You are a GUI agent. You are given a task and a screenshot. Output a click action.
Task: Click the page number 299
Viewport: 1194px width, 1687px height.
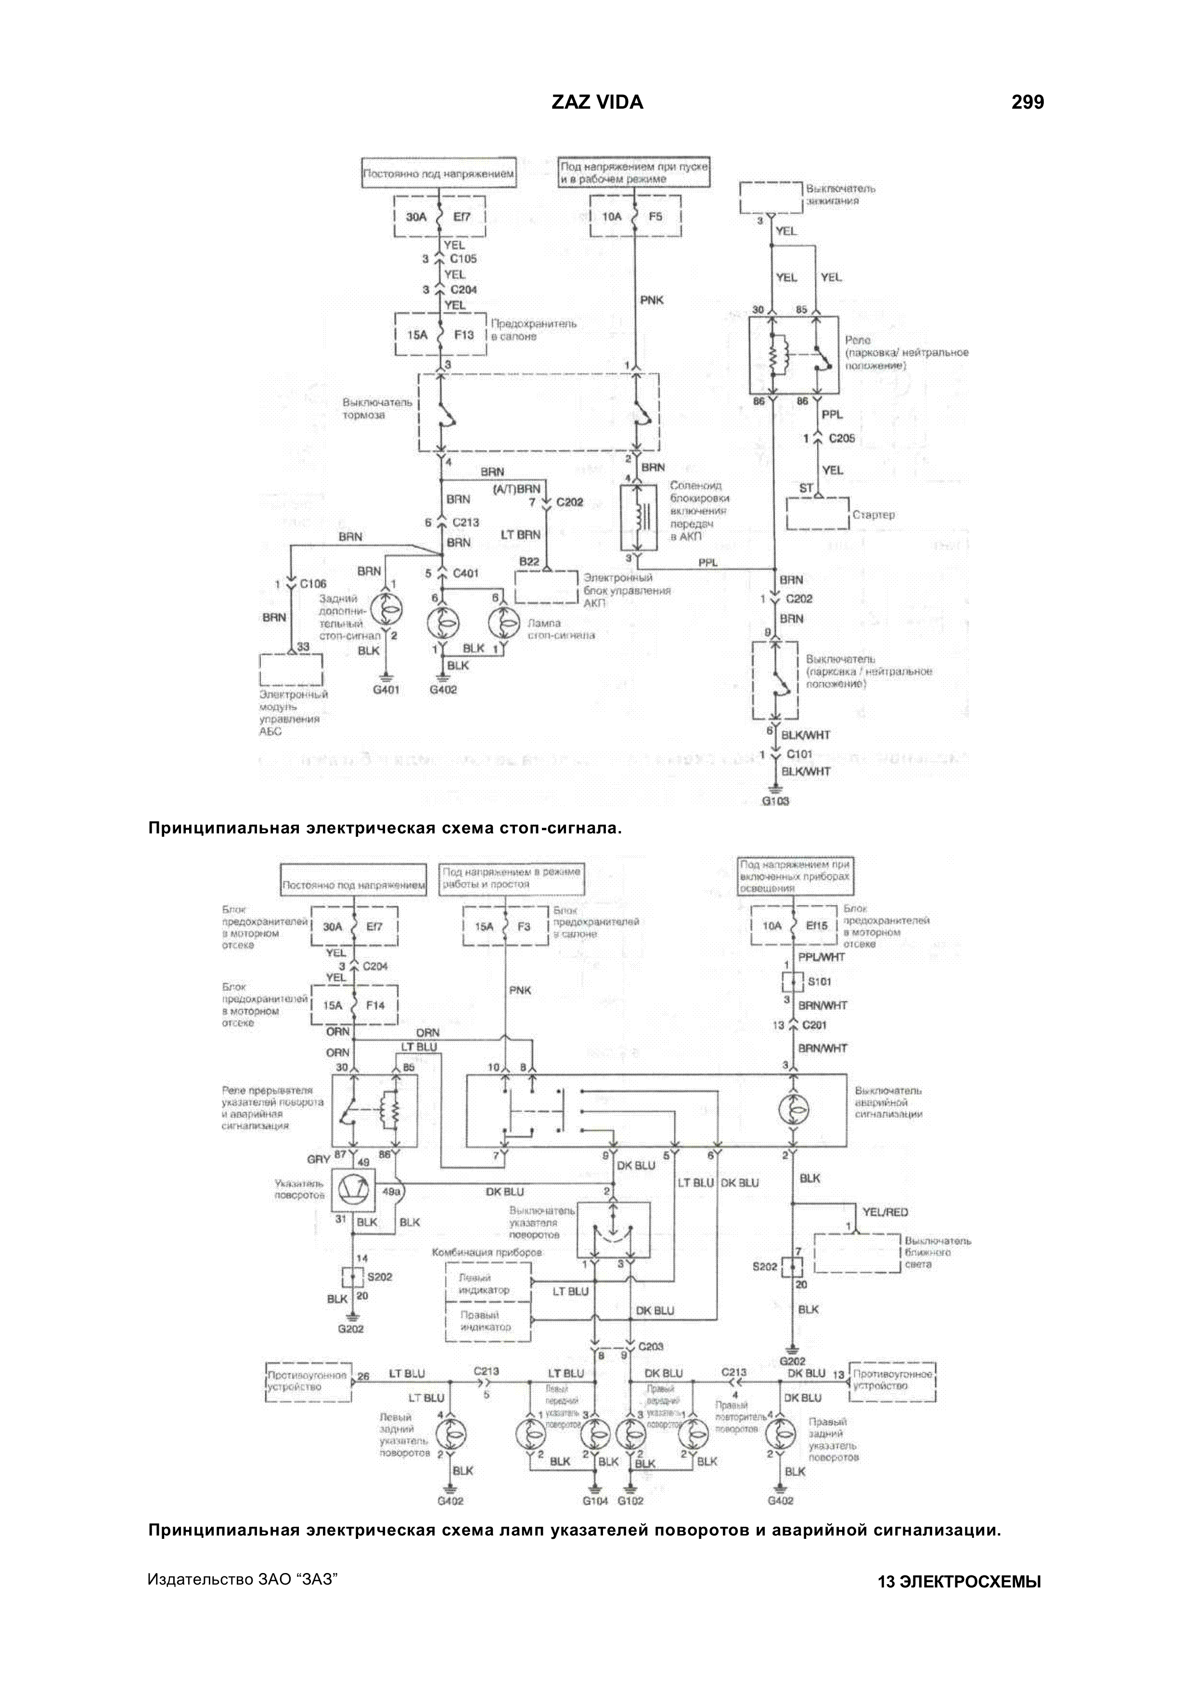(1027, 102)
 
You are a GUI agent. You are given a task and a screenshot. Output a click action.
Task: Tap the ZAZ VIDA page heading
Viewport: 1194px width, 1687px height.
(597, 102)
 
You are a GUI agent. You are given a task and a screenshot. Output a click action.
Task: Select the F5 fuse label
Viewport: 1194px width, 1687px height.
(655, 217)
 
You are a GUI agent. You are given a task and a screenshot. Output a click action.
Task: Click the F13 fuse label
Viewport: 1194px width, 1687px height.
(464, 335)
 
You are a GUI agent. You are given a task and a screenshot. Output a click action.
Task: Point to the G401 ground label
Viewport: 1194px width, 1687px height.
(386, 690)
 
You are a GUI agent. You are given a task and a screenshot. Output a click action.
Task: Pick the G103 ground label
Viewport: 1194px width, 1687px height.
(776, 801)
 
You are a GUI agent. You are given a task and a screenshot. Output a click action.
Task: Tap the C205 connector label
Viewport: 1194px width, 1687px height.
(842, 438)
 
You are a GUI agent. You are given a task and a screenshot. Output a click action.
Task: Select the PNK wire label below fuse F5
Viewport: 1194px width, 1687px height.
(652, 300)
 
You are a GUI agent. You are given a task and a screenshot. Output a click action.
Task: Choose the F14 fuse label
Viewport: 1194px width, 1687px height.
(375, 1005)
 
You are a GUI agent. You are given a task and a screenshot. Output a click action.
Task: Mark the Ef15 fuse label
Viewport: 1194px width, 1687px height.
(816, 926)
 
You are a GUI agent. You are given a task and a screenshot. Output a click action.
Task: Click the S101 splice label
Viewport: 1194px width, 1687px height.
(819, 981)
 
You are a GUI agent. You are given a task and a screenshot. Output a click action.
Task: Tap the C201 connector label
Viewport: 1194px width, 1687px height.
(814, 1025)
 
